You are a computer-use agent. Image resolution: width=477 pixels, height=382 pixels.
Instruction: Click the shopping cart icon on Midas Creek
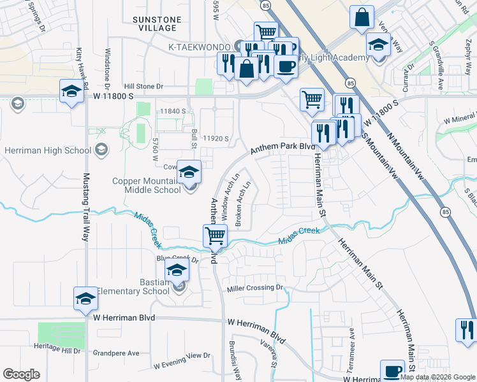(x=215, y=236)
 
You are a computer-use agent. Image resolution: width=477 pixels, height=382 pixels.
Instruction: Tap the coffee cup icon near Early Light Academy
(x=286, y=66)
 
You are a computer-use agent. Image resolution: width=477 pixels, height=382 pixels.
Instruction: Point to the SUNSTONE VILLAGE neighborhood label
(x=154, y=24)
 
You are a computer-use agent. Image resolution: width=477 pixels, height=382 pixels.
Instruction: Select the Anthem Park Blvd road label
(x=283, y=148)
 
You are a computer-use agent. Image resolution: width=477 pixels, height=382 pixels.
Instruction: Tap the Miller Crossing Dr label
(x=254, y=288)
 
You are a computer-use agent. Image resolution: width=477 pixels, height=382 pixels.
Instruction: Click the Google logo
(x=21, y=374)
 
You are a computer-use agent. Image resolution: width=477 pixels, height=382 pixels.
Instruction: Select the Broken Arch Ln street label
(x=242, y=205)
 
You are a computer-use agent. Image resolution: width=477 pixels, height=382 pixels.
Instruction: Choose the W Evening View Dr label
(x=182, y=360)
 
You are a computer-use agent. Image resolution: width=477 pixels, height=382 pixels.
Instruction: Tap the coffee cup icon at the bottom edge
(x=392, y=371)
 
